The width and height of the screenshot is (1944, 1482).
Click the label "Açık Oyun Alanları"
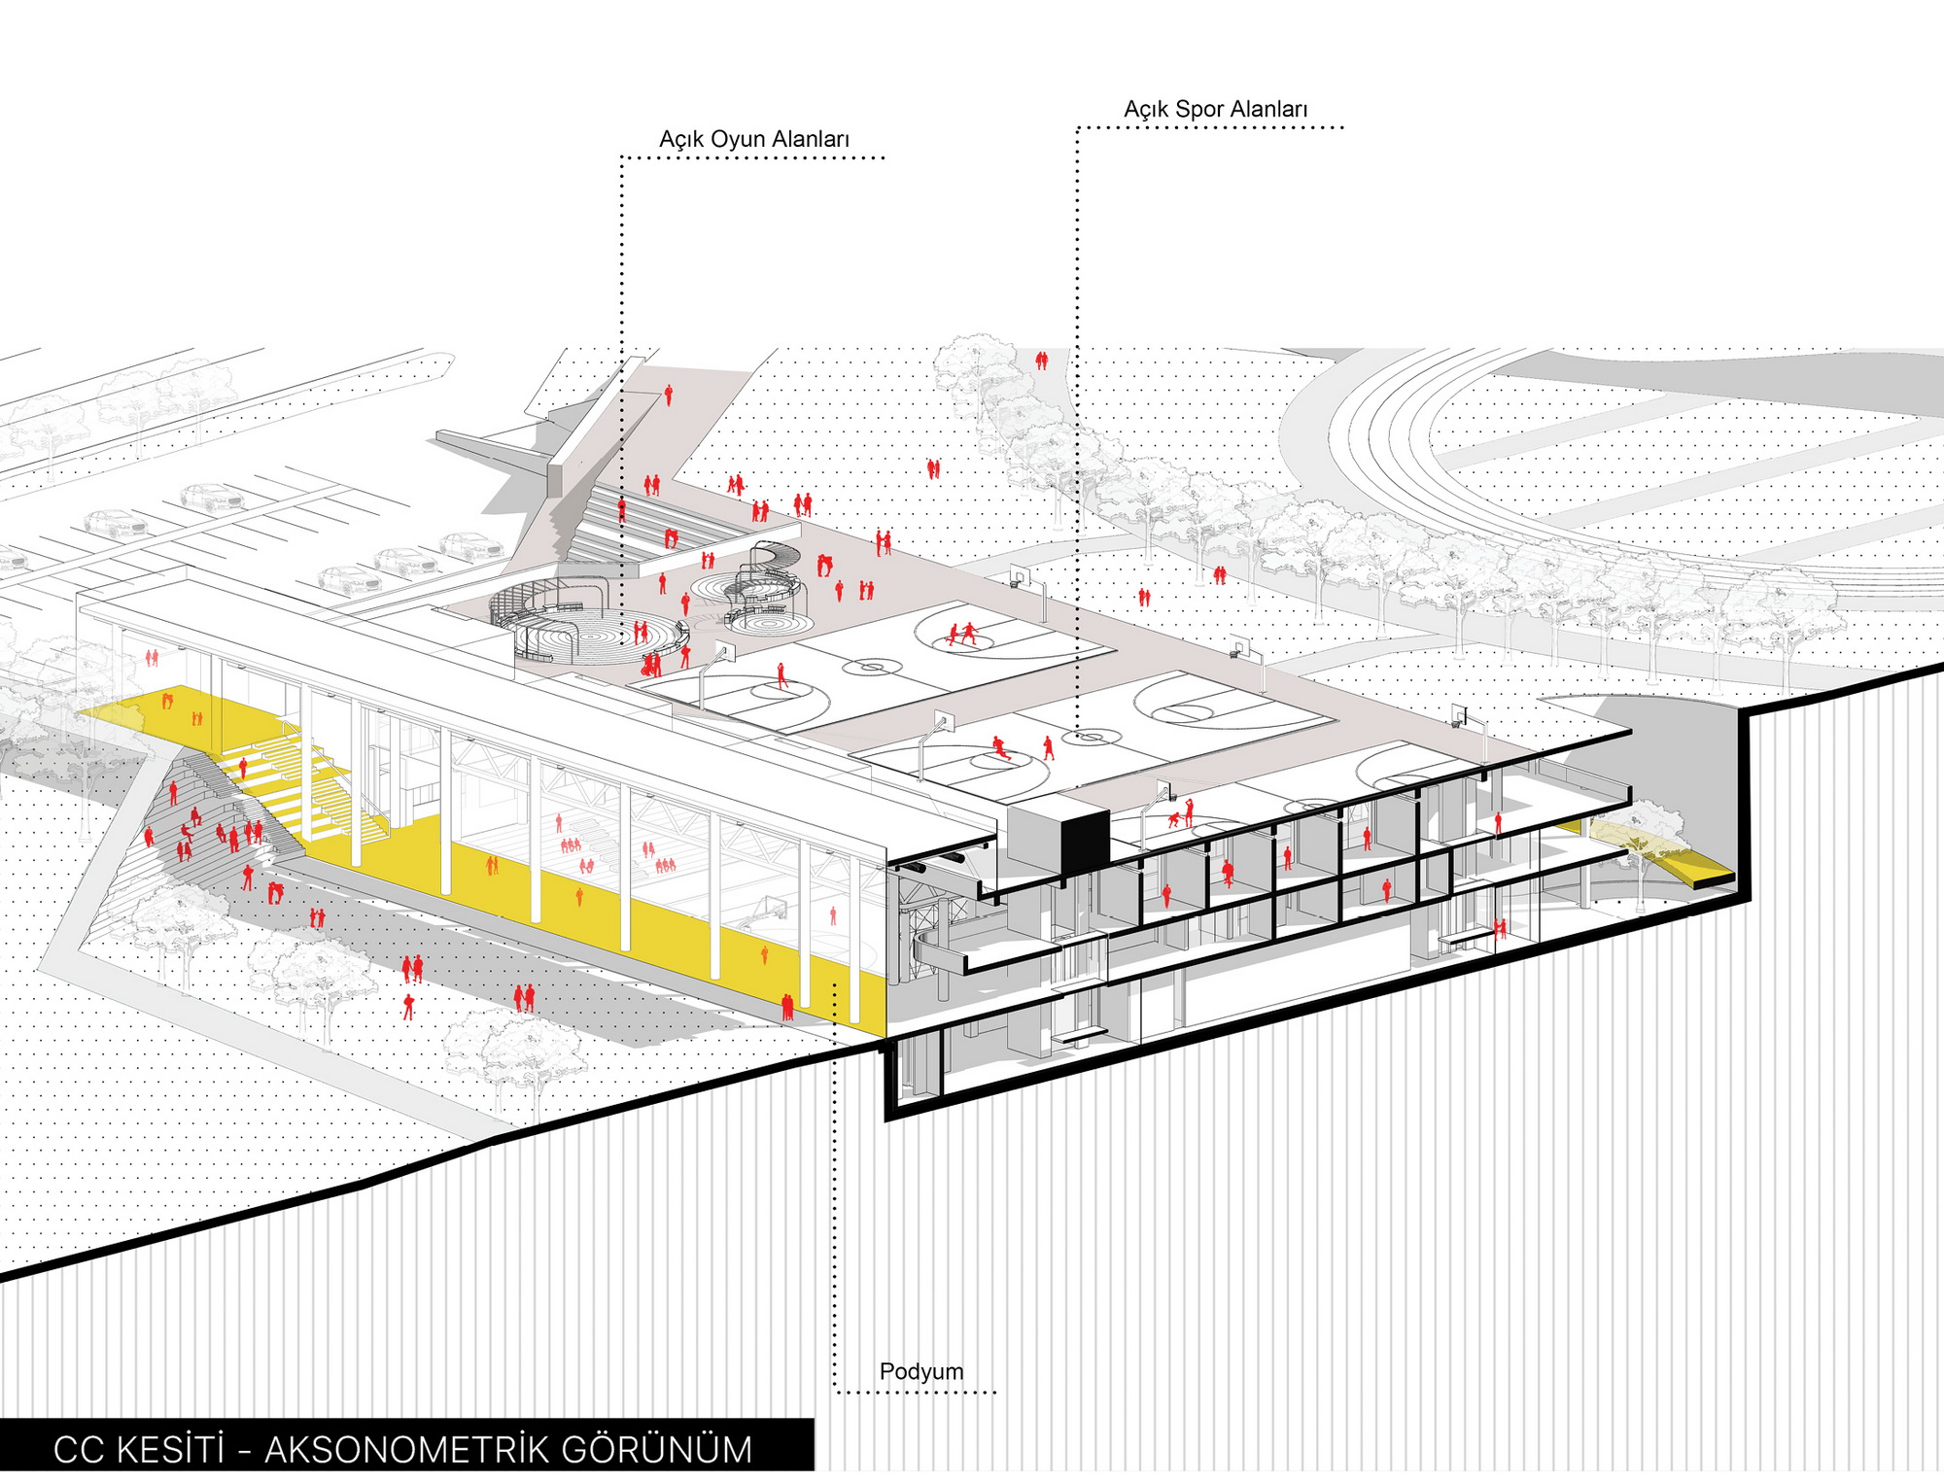click(753, 140)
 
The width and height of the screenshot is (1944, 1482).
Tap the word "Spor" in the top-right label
click(1198, 110)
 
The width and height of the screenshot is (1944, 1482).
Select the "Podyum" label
click(920, 1371)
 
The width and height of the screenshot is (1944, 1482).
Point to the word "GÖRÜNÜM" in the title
click(656, 1450)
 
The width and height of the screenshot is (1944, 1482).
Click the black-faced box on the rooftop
click(1083, 841)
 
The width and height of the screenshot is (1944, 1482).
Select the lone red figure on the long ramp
click(668, 395)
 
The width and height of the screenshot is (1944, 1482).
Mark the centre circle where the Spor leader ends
click(1091, 738)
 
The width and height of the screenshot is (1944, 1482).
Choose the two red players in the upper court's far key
click(961, 636)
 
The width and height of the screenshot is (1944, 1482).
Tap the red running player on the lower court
click(1000, 748)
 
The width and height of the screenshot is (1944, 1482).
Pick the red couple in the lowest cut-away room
click(1500, 928)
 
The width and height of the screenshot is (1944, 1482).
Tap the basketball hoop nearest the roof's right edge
click(1461, 717)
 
